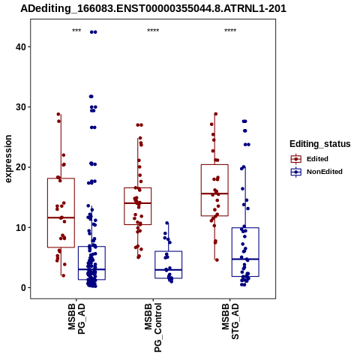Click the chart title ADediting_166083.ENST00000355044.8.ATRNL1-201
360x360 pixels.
point(153,8)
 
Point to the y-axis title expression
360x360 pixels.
point(8,159)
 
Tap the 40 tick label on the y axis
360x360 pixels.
point(21,46)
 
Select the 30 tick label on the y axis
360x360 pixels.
point(21,107)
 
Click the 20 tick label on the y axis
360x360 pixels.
point(21,167)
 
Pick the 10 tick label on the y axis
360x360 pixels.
point(21,227)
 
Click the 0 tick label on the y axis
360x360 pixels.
point(24,288)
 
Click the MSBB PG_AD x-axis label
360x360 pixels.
point(76,319)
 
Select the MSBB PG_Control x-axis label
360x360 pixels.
point(153,328)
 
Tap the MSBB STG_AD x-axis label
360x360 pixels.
point(230,322)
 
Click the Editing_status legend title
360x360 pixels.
point(320,144)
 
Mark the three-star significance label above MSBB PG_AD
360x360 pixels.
point(76,31)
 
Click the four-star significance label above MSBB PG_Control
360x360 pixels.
point(153,31)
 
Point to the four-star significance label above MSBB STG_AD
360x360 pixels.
point(230,31)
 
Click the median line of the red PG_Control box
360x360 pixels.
point(138,203)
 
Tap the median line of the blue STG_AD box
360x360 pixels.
point(245,259)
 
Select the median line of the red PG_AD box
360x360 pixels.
point(61,217)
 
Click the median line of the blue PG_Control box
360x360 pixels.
point(169,270)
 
